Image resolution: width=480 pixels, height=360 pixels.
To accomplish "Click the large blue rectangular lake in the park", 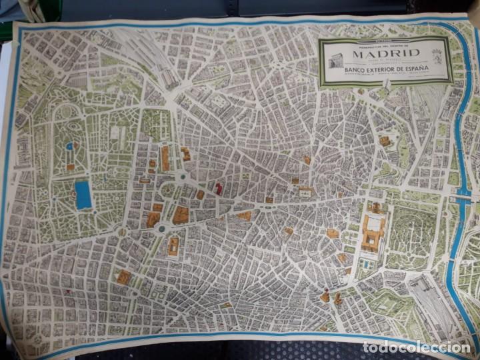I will click(83, 195).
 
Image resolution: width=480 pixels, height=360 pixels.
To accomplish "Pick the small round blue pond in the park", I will click(69, 146).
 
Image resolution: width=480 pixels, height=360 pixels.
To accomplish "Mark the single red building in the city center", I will click(218, 189).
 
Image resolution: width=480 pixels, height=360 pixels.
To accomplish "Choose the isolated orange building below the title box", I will click(385, 141).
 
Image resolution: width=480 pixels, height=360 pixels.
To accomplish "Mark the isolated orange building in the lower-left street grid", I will click(123, 277).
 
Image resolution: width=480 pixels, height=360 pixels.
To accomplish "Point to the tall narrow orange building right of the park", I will click(165, 159).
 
